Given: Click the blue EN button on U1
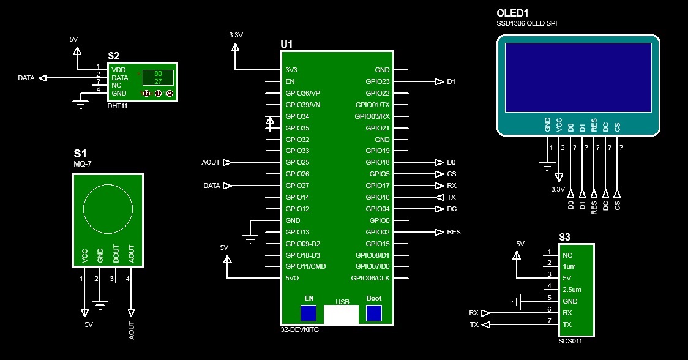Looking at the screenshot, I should tap(309, 313).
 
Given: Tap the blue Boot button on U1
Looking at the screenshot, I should tap(373, 313).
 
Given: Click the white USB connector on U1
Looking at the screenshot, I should tap(341, 315).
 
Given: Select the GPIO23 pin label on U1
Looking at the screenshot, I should tap(378, 81).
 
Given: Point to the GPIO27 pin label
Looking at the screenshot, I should tap(297, 186).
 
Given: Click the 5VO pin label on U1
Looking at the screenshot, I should tap(293, 278).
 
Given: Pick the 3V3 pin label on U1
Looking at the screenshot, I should tap(291, 70).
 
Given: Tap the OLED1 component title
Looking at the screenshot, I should tap(512, 12).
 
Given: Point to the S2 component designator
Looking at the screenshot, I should tap(114, 56).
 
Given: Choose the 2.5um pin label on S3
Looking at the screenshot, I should tap(572, 290).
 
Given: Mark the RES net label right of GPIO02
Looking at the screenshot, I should tap(454, 232).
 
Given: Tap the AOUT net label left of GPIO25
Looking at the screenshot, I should tap(211, 162).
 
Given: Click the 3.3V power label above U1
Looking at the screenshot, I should tap(236, 36).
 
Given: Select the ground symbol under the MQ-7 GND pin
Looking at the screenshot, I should tap(100, 303).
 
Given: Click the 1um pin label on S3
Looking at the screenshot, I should tap(569, 266).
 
